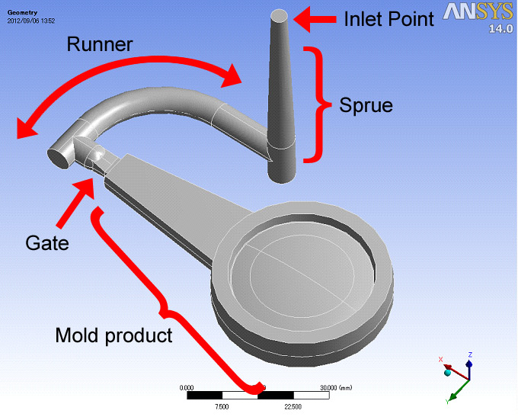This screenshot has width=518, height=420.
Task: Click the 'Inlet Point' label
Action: pyautogui.click(x=388, y=19)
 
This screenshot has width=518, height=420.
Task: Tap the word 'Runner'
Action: pyautogui.click(x=100, y=44)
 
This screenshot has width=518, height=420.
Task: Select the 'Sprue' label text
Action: pyautogui.click(x=366, y=104)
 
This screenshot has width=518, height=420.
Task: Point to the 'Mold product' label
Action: pyautogui.click(x=114, y=334)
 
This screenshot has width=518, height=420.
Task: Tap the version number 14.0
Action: pyautogui.click(x=500, y=30)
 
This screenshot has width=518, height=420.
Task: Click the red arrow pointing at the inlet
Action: pyautogui.click(x=312, y=19)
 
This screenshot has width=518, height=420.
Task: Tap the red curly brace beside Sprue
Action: pyautogui.click(x=315, y=104)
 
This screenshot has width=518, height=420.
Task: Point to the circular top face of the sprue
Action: pyautogui.click(x=280, y=15)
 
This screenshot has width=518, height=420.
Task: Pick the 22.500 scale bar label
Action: pyautogui.click(x=293, y=406)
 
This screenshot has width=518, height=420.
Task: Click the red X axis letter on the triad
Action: pyautogui.click(x=440, y=359)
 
